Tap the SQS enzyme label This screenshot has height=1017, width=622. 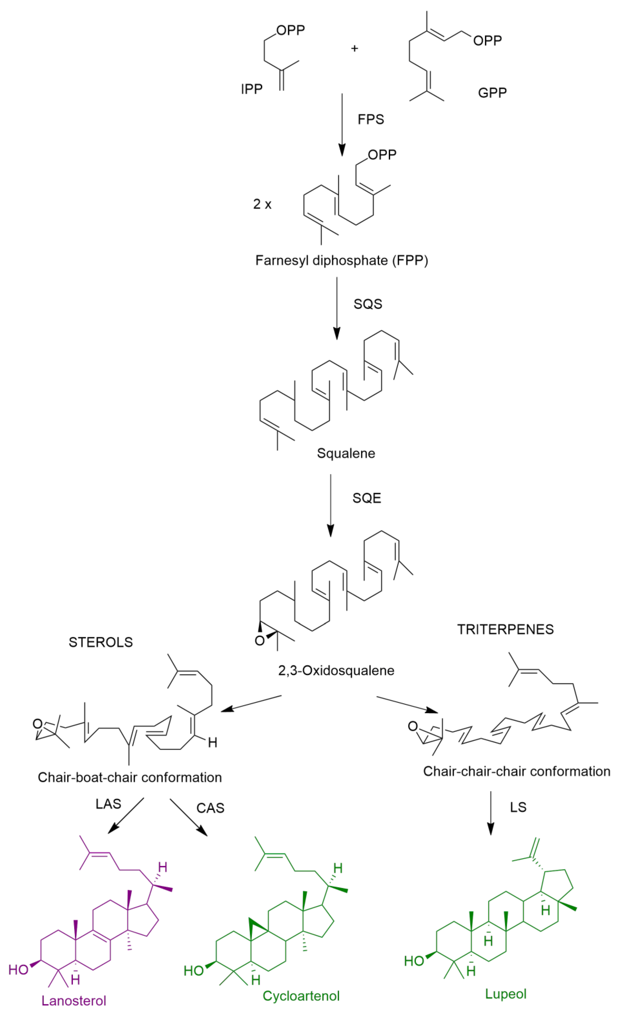[367, 304]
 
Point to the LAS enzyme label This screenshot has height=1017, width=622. [108, 804]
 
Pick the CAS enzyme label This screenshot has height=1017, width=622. [210, 808]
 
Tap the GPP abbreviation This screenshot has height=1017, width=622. [492, 93]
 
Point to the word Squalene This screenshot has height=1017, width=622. [346, 453]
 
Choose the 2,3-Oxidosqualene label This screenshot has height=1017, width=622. [336, 671]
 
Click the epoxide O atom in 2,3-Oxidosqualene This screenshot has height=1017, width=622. [259, 641]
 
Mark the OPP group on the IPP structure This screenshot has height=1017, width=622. [290, 30]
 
